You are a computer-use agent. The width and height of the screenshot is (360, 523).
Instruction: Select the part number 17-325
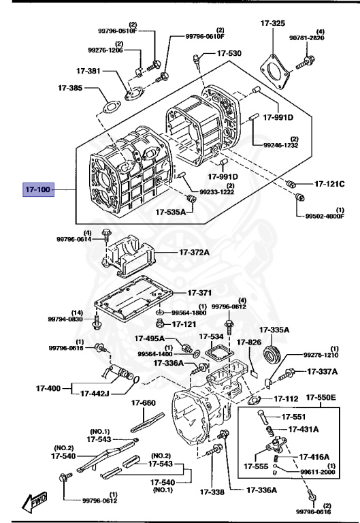pyautogui.click(x=273, y=23)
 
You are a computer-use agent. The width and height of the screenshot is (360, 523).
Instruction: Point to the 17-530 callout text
pyautogui.click(x=229, y=53)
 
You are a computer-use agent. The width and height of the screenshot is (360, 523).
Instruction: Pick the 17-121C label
pyautogui.click(x=329, y=184)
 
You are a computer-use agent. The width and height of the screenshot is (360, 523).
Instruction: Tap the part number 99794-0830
pyautogui.click(x=65, y=319)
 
